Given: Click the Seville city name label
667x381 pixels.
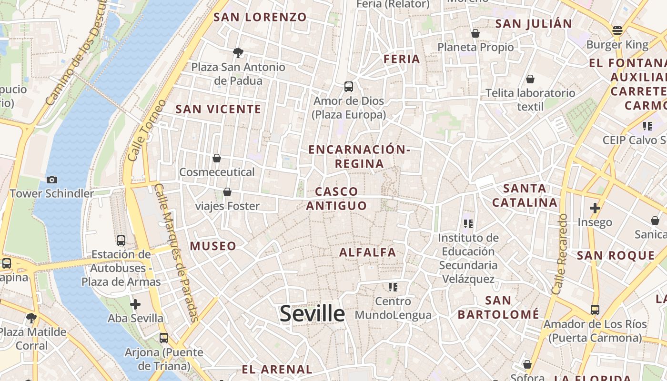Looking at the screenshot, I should click(312, 313).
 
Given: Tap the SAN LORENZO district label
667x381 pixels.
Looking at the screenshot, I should click(260, 17).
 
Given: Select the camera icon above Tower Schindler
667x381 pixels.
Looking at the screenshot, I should click(52, 180).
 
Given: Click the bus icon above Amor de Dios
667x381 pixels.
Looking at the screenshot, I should click(349, 87).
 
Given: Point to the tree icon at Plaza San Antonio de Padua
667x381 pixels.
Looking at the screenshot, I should click(238, 52).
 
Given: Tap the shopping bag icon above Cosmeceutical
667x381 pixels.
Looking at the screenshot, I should click(217, 158).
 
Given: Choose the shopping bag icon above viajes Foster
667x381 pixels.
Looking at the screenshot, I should click(227, 192).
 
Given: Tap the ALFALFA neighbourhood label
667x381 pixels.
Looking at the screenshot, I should click(367, 252).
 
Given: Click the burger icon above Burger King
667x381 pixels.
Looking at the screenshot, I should click(617, 30).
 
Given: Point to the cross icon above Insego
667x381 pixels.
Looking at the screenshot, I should click(595, 208).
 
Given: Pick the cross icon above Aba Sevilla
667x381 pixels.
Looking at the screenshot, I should click(135, 304).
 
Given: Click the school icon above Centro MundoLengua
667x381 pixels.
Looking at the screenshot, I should click(393, 287).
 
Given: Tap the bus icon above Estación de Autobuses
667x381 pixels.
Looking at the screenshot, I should click(121, 240).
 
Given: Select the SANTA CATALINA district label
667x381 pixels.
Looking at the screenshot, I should click(525, 195).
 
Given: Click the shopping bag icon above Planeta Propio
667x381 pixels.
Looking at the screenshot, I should click(475, 33).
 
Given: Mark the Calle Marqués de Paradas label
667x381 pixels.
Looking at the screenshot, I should click(177, 252).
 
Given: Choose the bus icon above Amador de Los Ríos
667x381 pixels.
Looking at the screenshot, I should click(595, 310).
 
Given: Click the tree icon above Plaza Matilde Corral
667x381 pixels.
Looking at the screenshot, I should click(31, 318).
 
